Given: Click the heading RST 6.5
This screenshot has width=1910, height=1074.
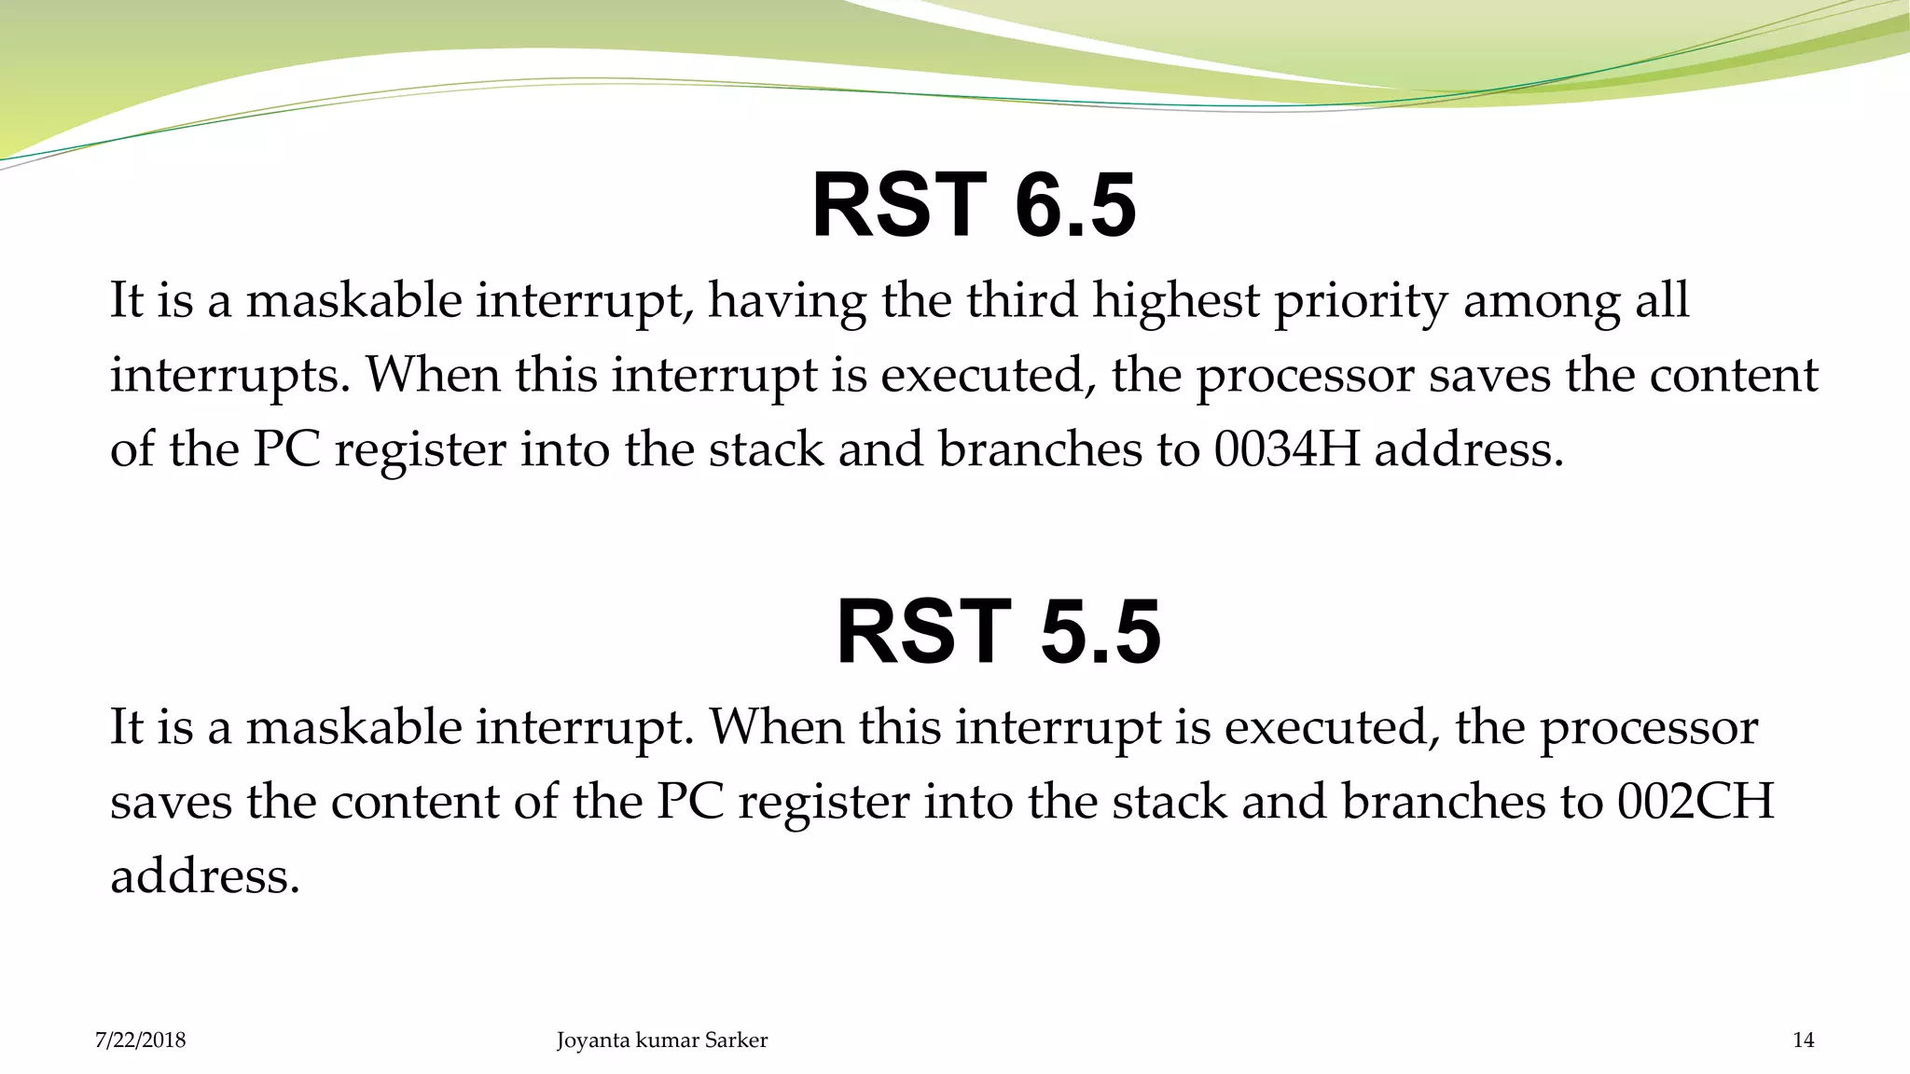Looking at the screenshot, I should point(974,206).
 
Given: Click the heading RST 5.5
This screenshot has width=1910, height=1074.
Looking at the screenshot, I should point(998,633).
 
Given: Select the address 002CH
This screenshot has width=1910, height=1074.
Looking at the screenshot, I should point(1695,802).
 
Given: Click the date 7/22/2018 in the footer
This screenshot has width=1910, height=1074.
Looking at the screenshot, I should point(141,1040).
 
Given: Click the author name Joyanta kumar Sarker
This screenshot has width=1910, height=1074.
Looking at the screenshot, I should point(662,1040).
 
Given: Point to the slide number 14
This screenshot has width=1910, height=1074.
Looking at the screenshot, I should point(1803,1040).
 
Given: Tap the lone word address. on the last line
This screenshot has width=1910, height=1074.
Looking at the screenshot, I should point(205,876).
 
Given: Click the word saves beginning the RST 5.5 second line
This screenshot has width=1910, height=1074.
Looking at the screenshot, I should point(171,803).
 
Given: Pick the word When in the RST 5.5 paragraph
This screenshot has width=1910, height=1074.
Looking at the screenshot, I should point(776,727).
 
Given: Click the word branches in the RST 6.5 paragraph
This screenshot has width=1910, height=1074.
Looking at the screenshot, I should point(1039,449).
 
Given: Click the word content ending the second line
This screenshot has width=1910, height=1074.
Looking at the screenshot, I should point(1734,375).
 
